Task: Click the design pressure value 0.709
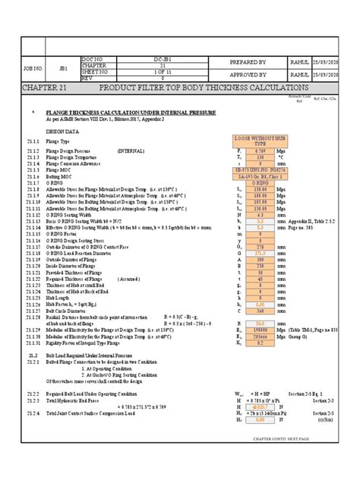point(261,152)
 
